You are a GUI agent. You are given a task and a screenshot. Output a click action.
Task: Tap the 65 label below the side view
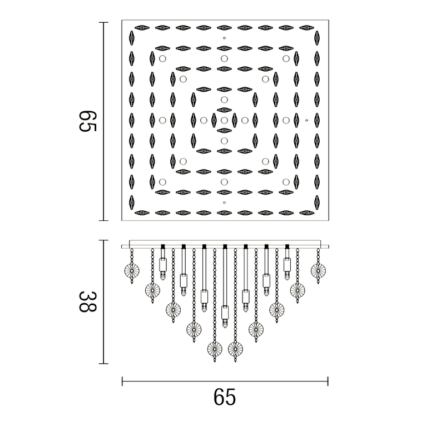[x=224, y=397]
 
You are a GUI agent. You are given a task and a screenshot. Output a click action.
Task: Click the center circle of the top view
[x=224, y=120]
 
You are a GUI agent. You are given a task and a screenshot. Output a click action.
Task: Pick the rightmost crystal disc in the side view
[x=318, y=270]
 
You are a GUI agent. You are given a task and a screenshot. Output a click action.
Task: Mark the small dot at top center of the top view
[x=224, y=38]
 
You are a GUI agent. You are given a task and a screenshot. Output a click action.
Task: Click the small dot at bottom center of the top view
[x=224, y=202]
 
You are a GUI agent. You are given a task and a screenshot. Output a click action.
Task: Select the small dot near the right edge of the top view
[x=306, y=120]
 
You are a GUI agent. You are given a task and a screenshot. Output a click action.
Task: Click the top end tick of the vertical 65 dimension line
[x=103, y=22]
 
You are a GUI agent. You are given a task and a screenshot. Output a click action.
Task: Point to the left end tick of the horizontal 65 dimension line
[x=122, y=381]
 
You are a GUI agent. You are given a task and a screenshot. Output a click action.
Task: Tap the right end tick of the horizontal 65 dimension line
[x=328, y=381]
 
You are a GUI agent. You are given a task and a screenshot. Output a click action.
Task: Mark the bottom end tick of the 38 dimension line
[x=103, y=364]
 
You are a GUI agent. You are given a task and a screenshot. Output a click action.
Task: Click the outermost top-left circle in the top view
[x=162, y=58]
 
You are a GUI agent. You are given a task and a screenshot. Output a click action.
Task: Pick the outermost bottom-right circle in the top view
[x=286, y=182]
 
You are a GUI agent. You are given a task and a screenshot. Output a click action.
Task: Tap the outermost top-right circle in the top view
[x=286, y=58]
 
